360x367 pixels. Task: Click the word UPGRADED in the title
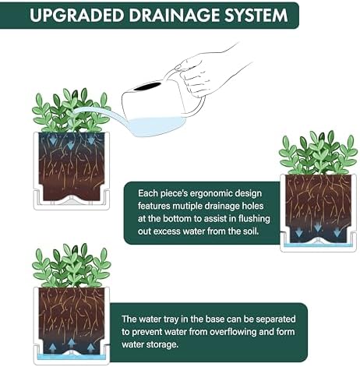click(76, 15)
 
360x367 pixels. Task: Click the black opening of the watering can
click(148, 86)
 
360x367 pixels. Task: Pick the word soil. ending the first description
click(249, 231)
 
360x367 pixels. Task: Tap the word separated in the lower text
click(276, 319)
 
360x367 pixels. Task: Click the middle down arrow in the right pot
click(318, 228)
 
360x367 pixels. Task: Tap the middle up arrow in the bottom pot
click(72, 343)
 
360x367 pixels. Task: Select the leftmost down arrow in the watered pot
click(53, 140)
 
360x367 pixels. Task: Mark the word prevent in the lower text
click(147, 332)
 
